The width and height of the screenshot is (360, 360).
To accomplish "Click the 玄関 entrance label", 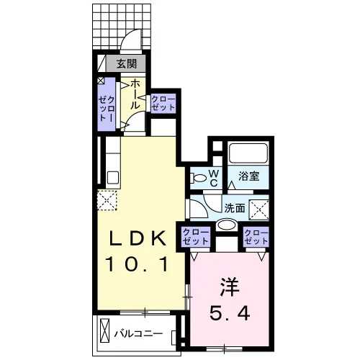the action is point(127,64).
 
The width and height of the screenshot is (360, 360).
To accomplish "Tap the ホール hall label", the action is point(135,94).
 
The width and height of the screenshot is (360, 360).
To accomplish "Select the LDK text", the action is point(138,238).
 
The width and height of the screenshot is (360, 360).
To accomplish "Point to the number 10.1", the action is point(136,264).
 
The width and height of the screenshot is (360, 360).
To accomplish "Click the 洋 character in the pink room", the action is point(230,287).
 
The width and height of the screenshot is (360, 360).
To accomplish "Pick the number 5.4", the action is point(230,313).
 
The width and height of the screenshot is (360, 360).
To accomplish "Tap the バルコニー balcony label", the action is point(138,333).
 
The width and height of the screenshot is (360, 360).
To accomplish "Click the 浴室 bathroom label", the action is point(249,176).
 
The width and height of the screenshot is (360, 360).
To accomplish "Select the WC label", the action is point(214,179).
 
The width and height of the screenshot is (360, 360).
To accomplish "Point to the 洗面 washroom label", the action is point(235,208).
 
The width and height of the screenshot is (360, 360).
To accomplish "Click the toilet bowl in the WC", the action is point(198,178).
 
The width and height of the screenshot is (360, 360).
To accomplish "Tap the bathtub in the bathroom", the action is point(248,153).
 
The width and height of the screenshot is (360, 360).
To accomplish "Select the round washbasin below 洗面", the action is point(226,225).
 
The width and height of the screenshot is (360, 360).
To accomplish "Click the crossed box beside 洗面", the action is point(259,210).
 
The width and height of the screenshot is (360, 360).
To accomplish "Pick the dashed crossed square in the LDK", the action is point(107,201).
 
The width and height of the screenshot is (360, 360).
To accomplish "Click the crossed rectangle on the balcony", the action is point(104,330).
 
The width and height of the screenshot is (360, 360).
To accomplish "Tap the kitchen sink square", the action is point(112,178).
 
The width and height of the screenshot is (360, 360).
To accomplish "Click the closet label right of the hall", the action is point(163,104).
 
